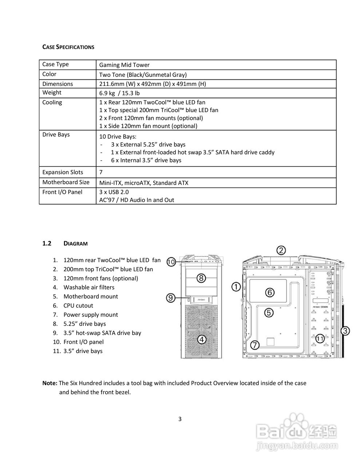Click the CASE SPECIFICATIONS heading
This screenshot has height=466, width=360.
tap(68, 47)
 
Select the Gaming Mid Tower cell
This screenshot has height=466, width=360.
tap(124, 65)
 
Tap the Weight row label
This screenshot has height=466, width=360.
tap(52, 92)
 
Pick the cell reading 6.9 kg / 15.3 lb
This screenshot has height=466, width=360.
tap(119, 93)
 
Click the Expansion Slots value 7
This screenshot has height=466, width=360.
tap(101, 172)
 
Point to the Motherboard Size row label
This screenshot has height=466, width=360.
tap(66, 182)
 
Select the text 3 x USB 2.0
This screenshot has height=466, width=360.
tap(114, 192)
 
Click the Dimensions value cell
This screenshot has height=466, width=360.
tap(153, 84)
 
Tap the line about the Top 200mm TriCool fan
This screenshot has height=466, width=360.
tap(159, 110)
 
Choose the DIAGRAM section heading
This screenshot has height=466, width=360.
tap(75, 243)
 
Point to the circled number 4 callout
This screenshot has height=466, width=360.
tap(202, 339)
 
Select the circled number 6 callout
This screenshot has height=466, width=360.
tap(269, 292)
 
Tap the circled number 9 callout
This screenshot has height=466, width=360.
tap(171, 298)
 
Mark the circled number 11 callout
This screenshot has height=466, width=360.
tap(320, 338)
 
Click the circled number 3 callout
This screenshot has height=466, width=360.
tap(345, 331)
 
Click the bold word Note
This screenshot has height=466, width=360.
tap(50, 383)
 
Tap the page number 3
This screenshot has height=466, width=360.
tap(180, 419)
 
